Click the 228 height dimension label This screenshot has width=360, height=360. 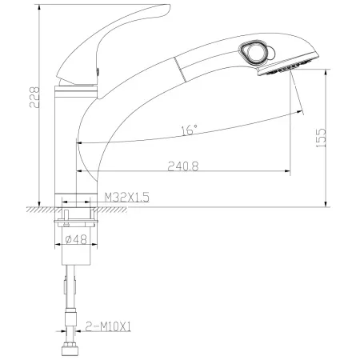click(34, 98)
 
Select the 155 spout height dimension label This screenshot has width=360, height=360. click(321, 138)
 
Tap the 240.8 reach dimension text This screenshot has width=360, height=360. click(183, 166)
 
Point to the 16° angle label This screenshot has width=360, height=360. click(190, 130)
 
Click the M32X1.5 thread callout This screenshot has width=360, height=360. click(127, 198)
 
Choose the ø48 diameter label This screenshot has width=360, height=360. click(76, 239)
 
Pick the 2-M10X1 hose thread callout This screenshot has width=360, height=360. click(108, 326)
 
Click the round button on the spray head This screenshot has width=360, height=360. click(254, 53)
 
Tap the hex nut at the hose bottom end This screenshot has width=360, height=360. click(70, 350)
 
